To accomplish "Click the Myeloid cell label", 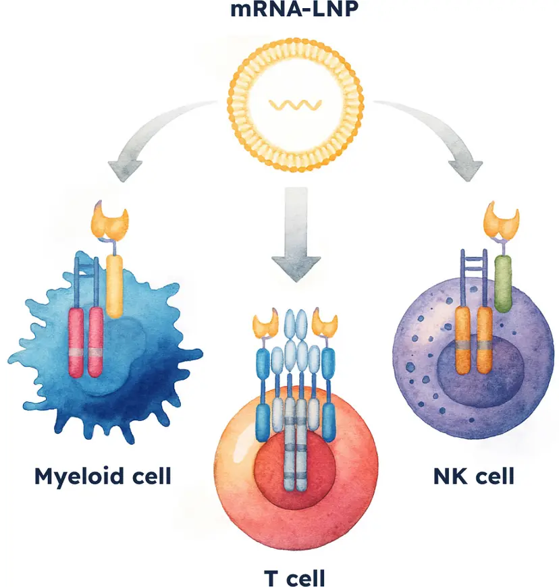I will point(103,476).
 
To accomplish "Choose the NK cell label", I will point(473,476).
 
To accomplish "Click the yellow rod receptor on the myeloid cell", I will point(115,287).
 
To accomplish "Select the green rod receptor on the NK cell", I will point(503,283).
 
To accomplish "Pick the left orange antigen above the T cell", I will point(265,324).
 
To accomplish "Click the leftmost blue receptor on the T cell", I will point(263,391).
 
